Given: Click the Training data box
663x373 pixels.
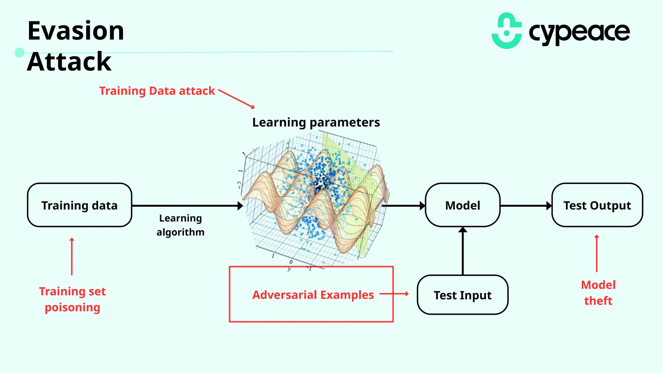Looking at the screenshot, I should pyautogui.click(x=80, y=205).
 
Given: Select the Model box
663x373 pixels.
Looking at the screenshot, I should pyautogui.click(x=463, y=205).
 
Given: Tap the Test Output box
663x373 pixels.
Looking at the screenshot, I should pyautogui.click(x=597, y=205).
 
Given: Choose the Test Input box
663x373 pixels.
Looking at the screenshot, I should pyautogui.click(x=463, y=295).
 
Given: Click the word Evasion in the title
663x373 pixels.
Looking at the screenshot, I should pyautogui.click(x=76, y=31).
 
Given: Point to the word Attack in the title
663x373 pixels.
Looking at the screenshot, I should pyautogui.click(x=69, y=62).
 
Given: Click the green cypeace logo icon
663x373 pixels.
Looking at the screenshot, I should pyautogui.click(x=507, y=31).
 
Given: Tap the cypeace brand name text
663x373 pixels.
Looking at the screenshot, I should pyautogui.click(x=579, y=32).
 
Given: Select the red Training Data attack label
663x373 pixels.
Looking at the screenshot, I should pyautogui.click(x=157, y=91).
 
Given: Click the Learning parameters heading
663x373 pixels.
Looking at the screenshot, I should pyautogui.click(x=316, y=122).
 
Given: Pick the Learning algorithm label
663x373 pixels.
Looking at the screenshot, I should pyautogui.click(x=180, y=225).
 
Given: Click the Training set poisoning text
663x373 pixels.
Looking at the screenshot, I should pyautogui.click(x=73, y=299).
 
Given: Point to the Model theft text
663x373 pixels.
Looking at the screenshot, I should pyautogui.click(x=598, y=293).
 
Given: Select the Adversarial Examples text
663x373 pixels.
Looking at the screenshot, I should pyautogui.click(x=313, y=295).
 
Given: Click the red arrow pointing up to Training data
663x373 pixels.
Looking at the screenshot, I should pyautogui.click(x=72, y=256).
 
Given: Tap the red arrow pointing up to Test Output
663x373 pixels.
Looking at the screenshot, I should pyautogui.click(x=597, y=253).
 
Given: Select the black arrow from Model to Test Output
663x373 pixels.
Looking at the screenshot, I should pyautogui.click(x=526, y=206).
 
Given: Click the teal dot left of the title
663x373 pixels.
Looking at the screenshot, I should pyautogui.click(x=19, y=52).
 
